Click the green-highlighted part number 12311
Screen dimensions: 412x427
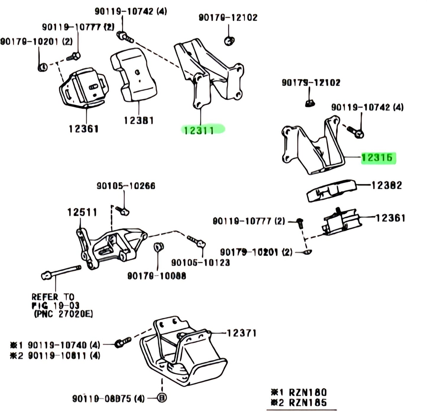pyautogui.click(x=199, y=130)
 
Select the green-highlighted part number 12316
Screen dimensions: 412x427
pyautogui.click(x=377, y=158)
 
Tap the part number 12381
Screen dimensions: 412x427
pyautogui.click(x=139, y=120)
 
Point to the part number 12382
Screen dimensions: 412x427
pyautogui.click(x=387, y=185)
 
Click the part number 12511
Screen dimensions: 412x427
pyautogui.click(x=82, y=212)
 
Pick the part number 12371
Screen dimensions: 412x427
pyautogui.click(x=241, y=333)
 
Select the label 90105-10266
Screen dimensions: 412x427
pyautogui.click(x=126, y=186)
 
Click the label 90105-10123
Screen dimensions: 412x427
pyautogui.click(x=200, y=262)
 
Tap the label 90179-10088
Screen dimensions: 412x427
pyautogui.click(x=157, y=276)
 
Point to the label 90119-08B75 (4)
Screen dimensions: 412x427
pyautogui.click(x=108, y=399)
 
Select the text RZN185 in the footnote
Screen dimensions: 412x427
pyautogui.click(x=308, y=402)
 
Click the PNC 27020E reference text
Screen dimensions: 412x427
pyautogui.click(x=63, y=314)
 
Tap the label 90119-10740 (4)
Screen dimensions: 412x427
pyautogui.click(x=64, y=345)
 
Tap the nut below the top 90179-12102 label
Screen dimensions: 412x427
pyautogui.click(x=229, y=41)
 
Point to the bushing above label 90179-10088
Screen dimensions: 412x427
pyautogui.click(x=159, y=246)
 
